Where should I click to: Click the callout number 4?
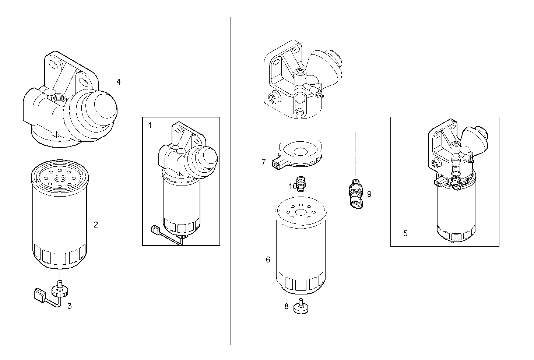click(x=118, y=82)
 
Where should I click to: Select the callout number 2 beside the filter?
click(x=96, y=225)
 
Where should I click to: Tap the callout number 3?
click(x=69, y=306)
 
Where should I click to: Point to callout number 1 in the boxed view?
click(x=150, y=126)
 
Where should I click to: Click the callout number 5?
click(x=405, y=233)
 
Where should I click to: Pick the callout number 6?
click(x=268, y=260)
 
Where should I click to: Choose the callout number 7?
click(x=263, y=162)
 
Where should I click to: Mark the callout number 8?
click(x=287, y=306)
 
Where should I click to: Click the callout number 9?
click(x=369, y=194)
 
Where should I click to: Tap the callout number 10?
click(x=292, y=187)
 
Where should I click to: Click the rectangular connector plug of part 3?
click(x=39, y=294)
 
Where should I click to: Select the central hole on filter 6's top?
click(x=301, y=212)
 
